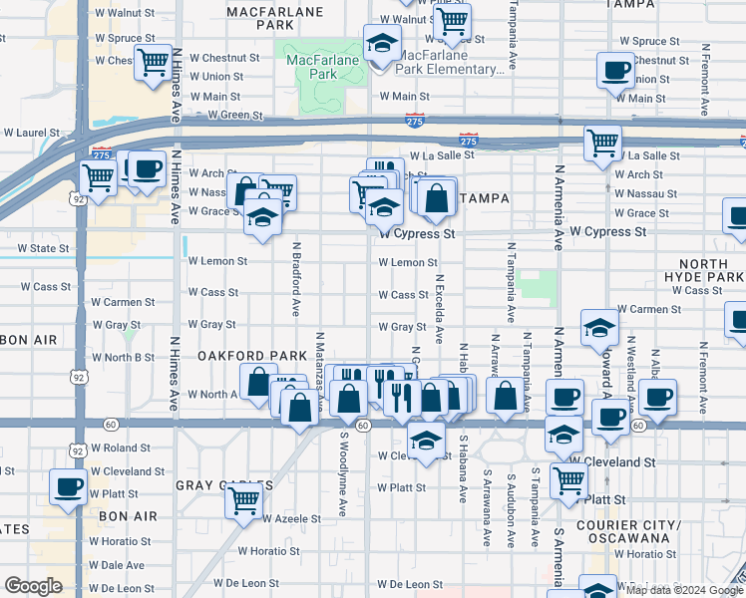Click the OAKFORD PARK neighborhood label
[238, 356]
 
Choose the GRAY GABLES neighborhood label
[223, 485]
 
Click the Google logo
[33, 585]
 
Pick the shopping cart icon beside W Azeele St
[243, 501]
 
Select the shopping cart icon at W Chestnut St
[154, 63]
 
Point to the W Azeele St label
[291, 519]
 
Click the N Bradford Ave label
[296, 278]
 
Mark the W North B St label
[123, 357]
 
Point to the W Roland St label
[120, 448]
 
